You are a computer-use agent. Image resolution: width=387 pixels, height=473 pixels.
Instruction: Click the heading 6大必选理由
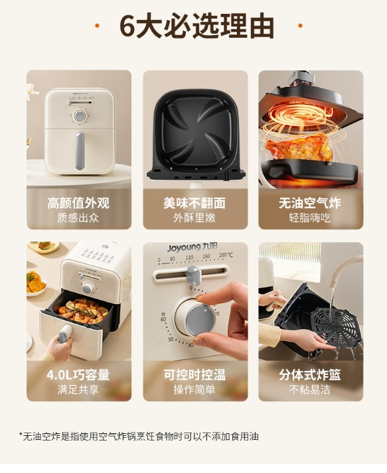pyautogui.click(x=197, y=26)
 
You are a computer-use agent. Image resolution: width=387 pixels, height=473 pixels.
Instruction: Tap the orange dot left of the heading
pyautogui.click(x=97, y=26)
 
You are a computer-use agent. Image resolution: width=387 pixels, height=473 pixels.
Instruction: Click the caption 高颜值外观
pyautogui.click(x=78, y=203)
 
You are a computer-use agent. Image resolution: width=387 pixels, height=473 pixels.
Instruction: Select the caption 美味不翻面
pyautogui.click(x=194, y=203)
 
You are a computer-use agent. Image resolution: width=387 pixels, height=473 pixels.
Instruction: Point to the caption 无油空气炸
pyautogui.click(x=310, y=203)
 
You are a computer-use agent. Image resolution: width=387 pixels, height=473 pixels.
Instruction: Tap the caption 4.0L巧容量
pyautogui.click(x=78, y=375)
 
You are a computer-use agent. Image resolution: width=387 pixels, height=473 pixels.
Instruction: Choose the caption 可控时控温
pyautogui.click(x=194, y=375)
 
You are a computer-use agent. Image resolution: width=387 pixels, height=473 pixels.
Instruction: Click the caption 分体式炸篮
pyautogui.click(x=310, y=375)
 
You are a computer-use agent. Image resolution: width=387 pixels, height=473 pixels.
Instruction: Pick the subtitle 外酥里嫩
pyautogui.click(x=194, y=218)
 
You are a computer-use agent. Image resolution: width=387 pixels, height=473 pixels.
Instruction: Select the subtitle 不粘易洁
pyautogui.click(x=310, y=389)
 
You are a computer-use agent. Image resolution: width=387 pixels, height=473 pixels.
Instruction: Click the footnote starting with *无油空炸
pyautogui.click(x=139, y=437)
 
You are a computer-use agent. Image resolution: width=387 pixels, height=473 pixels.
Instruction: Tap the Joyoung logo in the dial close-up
pyautogui.click(x=193, y=247)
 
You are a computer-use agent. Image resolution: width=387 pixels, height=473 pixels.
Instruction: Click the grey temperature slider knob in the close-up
pyautogui.click(x=194, y=275)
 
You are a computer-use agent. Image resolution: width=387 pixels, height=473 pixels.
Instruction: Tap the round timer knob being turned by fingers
pyautogui.click(x=200, y=320)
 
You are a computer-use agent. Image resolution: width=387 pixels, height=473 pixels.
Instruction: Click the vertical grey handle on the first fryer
pyautogui.click(x=80, y=151)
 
